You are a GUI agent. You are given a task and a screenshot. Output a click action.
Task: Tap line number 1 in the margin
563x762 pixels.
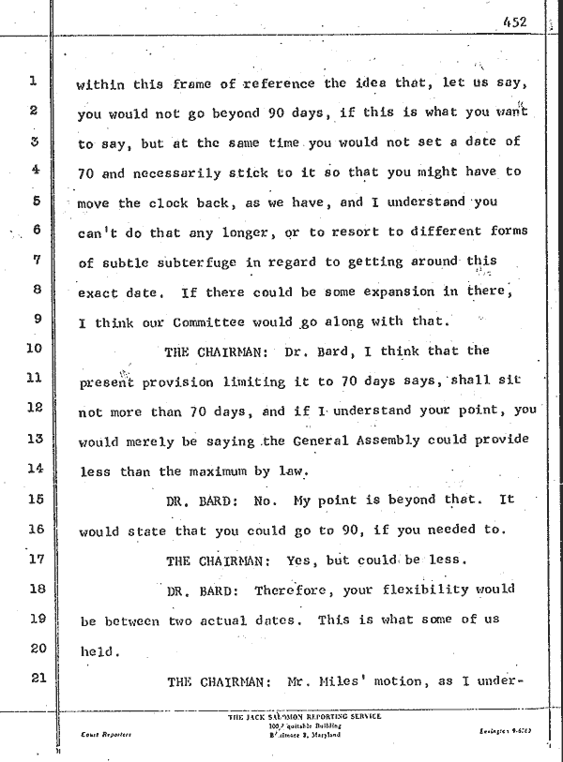(32, 81)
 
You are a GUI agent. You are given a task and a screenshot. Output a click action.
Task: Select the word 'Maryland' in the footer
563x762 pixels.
(321, 736)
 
